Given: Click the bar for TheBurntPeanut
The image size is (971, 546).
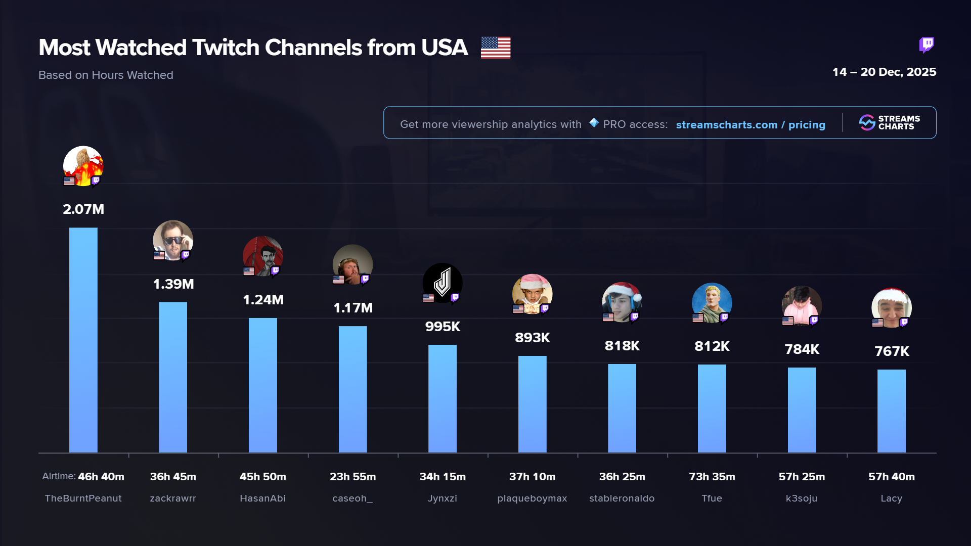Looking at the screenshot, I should coord(83,340).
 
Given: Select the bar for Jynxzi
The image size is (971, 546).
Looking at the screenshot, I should coord(443,398).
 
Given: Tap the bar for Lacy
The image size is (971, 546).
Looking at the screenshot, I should coord(891,411).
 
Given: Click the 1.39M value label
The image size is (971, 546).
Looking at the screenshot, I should coord(173,284).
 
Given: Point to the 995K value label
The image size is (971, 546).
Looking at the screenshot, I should coord(443,327).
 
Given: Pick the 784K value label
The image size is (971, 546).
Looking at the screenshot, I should coord(802,349).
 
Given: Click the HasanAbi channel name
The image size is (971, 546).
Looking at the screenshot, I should coord(262,498).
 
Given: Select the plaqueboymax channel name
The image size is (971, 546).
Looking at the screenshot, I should coord(532,498).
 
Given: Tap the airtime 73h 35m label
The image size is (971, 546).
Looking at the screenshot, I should coord(712,477).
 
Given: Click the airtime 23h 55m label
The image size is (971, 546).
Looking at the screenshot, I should coord(352,477).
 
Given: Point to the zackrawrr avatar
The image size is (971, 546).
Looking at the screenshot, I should coord(173,240).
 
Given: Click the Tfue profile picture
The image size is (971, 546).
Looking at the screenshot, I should coord(712,302).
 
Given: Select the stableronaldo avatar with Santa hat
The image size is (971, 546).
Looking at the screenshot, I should coord(622,302).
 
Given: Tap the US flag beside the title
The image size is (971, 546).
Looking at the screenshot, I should coord(495,48).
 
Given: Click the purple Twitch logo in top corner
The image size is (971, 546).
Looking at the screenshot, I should coord(926,45).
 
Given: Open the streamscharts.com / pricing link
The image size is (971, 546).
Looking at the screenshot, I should coord(751,125).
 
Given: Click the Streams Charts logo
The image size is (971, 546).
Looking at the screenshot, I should coord(889,123).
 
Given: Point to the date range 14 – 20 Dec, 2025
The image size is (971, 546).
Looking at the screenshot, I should coord(884,72).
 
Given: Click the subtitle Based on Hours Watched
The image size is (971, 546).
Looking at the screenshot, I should coord(106,75).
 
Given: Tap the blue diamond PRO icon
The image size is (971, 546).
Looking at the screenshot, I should coord(594,123).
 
